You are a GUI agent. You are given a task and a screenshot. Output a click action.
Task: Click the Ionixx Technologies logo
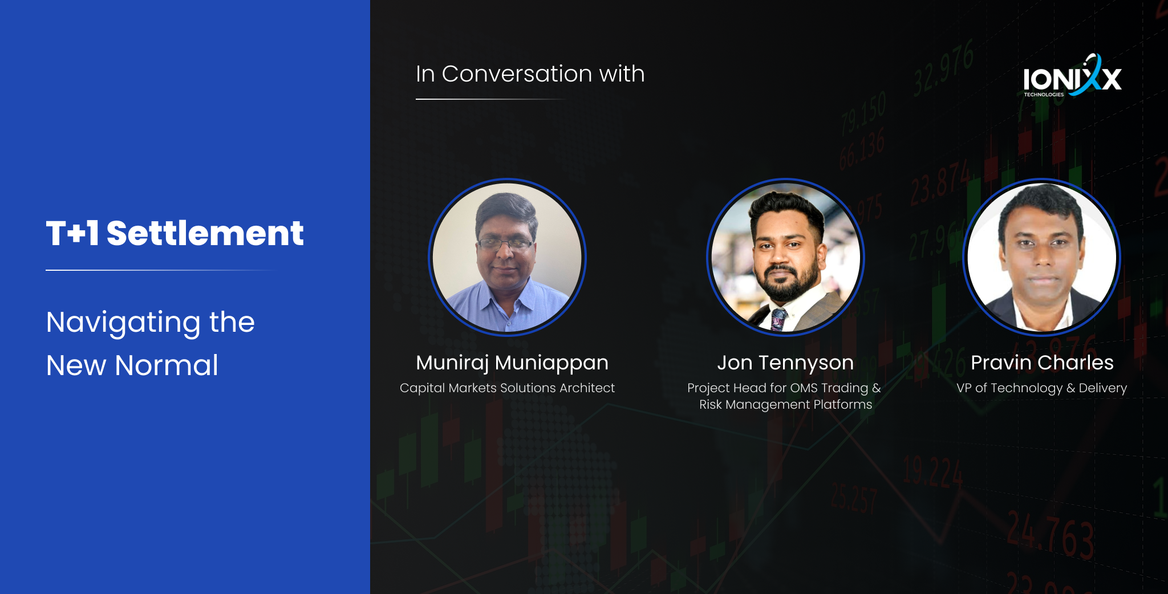tap(1072, 77)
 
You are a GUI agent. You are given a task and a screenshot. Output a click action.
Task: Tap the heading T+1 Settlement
tap(175, 233)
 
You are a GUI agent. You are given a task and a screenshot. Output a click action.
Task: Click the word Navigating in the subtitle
tap(123, 323)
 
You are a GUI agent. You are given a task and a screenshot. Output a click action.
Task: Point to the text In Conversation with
tap(530, 74)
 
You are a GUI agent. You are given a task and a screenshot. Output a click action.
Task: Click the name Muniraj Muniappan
tap(512, 363)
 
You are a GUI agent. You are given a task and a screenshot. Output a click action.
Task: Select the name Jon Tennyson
tap(785, 363)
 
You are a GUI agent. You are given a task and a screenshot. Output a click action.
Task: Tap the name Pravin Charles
tap(1042, 363)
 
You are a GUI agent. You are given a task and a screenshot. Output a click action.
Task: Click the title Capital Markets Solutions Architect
tap(507, 388)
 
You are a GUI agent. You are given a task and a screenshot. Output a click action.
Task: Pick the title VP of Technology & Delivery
tap(1041, 388)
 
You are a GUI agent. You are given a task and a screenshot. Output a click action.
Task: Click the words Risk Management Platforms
tap(785, 405)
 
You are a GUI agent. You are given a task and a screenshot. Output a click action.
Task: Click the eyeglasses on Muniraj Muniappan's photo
tap(505, 244)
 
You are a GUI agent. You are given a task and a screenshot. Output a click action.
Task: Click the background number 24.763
tap(1049, 533)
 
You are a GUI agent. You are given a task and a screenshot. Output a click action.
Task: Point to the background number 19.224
tap(932, 473)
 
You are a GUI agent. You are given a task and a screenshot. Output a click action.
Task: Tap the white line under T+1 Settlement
tap(160, 270)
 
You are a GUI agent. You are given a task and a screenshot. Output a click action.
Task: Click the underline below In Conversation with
tap(490, 99)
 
